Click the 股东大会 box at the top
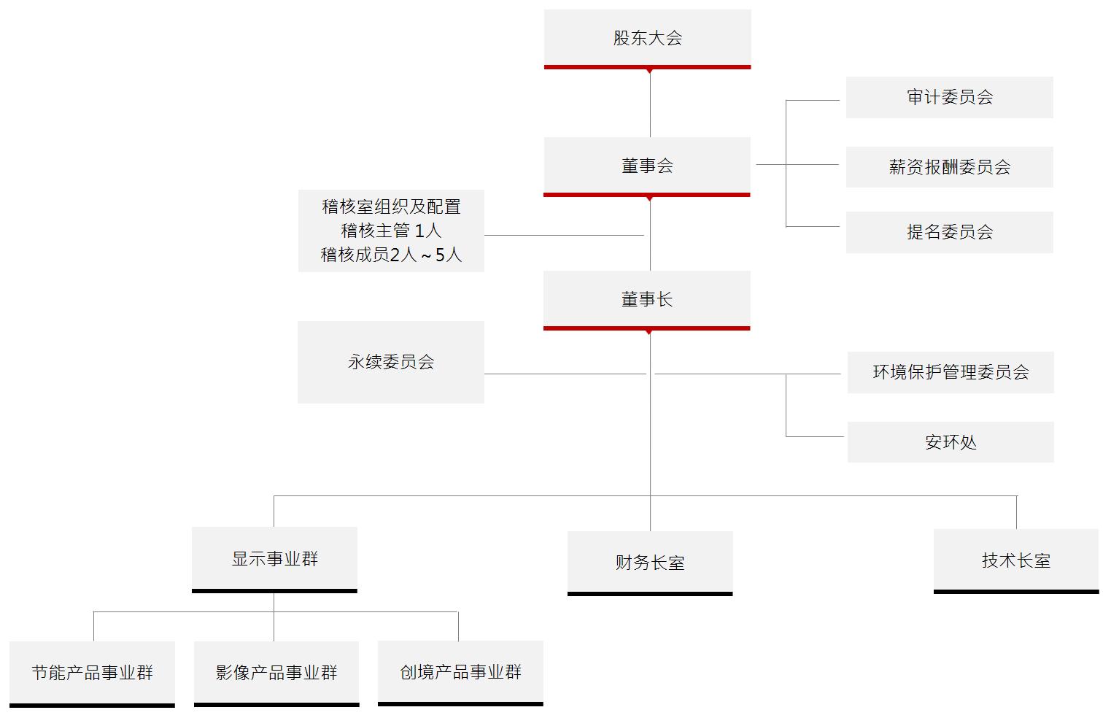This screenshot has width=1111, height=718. tap(647, 38)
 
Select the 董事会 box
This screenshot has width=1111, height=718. tap(647, 166)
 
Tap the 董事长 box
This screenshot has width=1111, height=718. tap(647, 299)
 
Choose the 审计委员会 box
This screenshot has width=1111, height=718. tap(949, 97)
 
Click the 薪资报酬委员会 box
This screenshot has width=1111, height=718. tap(949, 167)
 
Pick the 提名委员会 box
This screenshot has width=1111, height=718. tap(949, 232)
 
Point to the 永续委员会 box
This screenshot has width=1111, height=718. tap(391, 362)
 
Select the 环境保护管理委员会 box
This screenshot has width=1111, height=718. tap(951, 372)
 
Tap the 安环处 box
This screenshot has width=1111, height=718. tap(951, 442)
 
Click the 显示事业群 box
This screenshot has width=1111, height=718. tap(274, 559)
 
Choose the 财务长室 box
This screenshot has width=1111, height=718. tap(650, 563)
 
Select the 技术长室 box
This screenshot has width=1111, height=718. tap(1016, 560)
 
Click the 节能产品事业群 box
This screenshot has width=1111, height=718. tap(92, 673)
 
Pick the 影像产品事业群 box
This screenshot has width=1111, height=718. tap(276, 673)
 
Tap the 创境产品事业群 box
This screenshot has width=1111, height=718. tap(460, 672)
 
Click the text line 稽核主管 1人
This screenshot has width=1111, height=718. tap(391, 231)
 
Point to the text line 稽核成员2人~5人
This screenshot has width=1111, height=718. tap(391, 255)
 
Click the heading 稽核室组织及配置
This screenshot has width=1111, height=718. tap(391, 206)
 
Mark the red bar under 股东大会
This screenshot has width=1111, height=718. tap(647, 67)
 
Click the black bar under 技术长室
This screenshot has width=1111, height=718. tap(1016, 592)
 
